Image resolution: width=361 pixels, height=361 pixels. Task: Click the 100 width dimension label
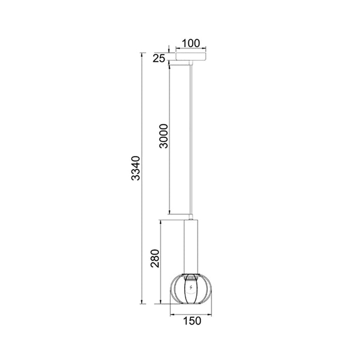click(x=191, y=43)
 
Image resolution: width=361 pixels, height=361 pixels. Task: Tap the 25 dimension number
click(x=159, y=59)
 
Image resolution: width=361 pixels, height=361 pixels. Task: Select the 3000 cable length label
click(x=164, y=136)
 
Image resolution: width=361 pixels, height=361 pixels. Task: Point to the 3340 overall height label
click(x=135, y=168)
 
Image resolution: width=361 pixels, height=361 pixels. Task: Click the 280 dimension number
click(x=155, y=258)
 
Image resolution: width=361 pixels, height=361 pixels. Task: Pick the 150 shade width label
click(x=192, y=321)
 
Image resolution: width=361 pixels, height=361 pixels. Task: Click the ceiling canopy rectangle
click(x=191, y=56)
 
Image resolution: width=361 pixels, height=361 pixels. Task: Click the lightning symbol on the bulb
click(x=190, y=287)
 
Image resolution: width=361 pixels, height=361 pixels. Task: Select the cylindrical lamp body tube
click(x=191, y=247)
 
